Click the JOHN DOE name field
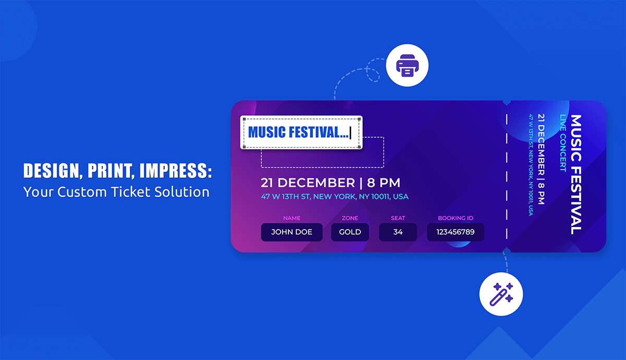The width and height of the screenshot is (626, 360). [292, 232]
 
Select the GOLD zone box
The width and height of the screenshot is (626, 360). [350, 232]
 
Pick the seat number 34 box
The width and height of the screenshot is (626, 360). [398, 232]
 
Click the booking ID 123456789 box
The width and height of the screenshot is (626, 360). [455, 232]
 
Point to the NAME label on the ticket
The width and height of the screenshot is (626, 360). [292, 218]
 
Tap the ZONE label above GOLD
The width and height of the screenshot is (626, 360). [350, 218]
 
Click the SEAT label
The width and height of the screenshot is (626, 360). [398, 218]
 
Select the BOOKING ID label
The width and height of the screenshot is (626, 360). [455, 218]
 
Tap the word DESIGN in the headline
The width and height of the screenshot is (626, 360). [50, 171]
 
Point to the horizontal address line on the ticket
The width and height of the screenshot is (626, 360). [334, 197]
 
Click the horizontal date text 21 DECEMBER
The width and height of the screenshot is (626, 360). [308, 183]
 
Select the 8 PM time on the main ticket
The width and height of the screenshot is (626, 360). [383, 183]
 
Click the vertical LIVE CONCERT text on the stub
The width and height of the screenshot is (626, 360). [562, 143]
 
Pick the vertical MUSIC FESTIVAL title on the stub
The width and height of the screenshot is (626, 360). [575, 175]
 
